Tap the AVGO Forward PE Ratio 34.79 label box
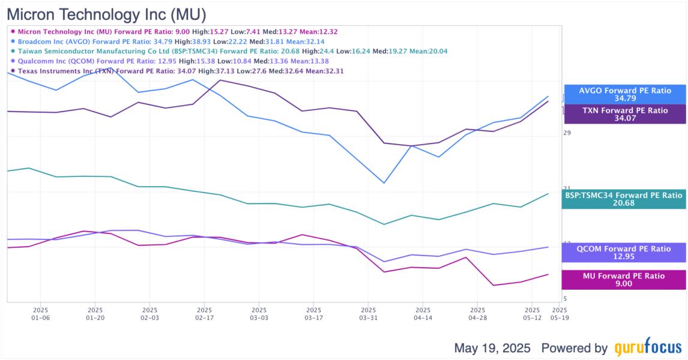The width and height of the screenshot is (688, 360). (624, 94)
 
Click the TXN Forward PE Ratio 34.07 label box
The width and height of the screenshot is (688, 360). (624, 114)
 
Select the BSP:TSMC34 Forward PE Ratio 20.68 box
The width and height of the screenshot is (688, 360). (624, 199)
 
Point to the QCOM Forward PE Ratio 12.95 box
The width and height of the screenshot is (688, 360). (624, 253)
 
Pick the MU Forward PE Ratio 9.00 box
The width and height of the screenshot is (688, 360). (624, 280)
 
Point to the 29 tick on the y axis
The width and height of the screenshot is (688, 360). (567, 133)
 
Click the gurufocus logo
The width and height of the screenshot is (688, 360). (648, 348)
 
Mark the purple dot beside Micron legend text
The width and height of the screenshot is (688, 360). (13, 32)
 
